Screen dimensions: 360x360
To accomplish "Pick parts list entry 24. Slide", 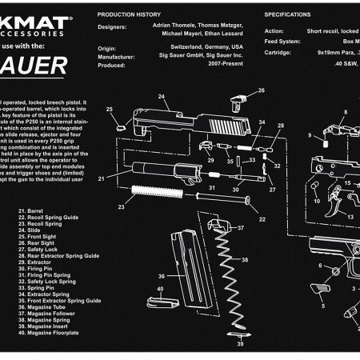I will (34, 230).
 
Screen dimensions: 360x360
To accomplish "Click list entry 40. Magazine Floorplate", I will (53, 333).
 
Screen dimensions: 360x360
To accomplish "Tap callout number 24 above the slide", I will (161, 98).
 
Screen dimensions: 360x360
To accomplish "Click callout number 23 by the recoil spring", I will (121, 206).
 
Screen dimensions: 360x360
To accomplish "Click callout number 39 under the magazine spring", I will (239, 345).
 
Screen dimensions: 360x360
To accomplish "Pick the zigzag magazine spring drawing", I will (237, 280).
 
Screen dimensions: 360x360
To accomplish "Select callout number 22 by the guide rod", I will (262, 218).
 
